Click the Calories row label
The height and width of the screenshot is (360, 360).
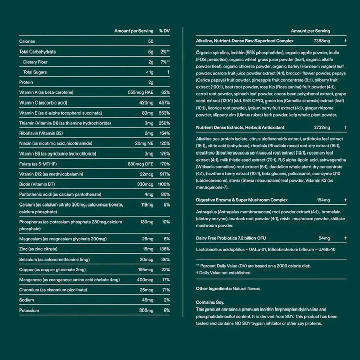pos(27,41)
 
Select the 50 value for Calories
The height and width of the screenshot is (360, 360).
pos(150,41)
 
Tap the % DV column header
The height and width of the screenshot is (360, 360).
pos(164,31)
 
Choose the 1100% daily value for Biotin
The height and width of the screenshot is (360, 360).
pos(163,184)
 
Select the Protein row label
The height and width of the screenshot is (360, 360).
pos(26,82)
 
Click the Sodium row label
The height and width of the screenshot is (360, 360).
pos(26,300)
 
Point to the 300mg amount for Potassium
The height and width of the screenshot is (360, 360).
pos(146,311)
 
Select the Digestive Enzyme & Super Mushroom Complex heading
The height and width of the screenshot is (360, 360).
pos(241,200)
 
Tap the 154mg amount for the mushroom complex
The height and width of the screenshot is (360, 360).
pos(308,200)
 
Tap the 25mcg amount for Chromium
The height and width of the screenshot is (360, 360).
pos(146,290)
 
